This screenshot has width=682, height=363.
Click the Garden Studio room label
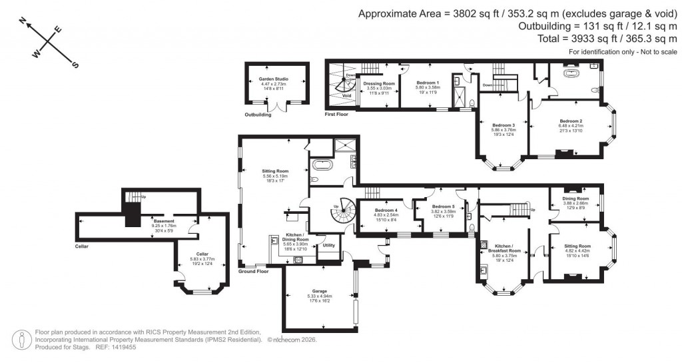pyautogui.click(x=273, y=79)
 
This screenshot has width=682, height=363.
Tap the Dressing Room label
pyautogui.click(x=380, y=83)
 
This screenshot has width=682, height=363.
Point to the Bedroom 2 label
pyautogui.click(x=571, y=121)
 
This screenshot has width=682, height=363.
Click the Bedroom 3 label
pyautogui.click(x=504, y=125)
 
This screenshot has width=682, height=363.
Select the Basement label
pyautogui.click(x=164, y=221)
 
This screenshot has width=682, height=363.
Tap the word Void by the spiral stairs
pyautogui.click(x=346, y=95)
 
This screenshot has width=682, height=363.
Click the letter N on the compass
pyautogui.click(x=23, y=22)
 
